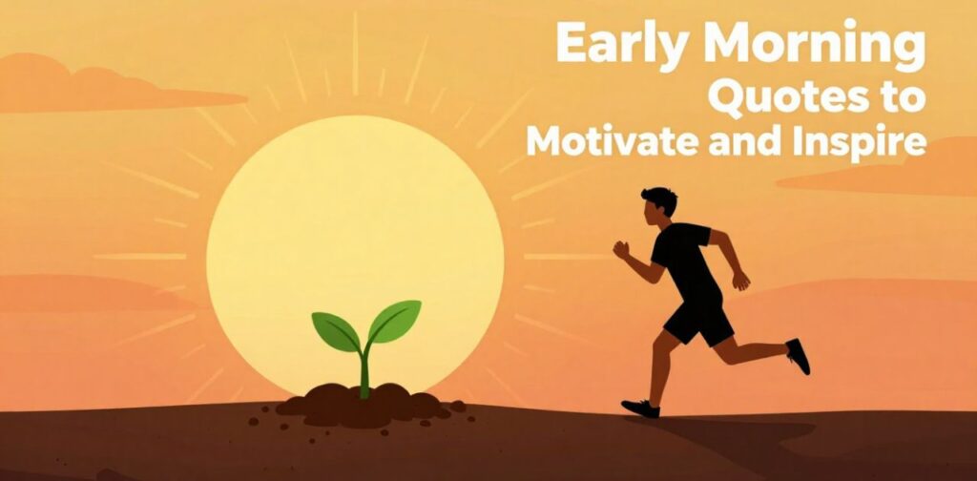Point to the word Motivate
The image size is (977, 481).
pos(602,141)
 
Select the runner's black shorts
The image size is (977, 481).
pos(698,320)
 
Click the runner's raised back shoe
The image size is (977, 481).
pos(798,356)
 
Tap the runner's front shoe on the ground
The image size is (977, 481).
pos(641,408)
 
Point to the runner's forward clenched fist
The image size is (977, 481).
pos(622,249)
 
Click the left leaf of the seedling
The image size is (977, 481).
pos(336,330)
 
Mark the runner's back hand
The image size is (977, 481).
pos(741,282)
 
